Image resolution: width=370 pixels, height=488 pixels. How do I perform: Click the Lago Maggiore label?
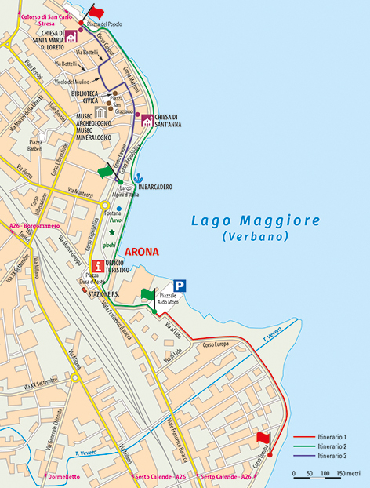coord(256,220)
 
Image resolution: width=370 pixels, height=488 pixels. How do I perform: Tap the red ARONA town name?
coord(141,253)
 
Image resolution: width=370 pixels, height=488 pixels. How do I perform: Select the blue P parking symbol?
coord(180,287)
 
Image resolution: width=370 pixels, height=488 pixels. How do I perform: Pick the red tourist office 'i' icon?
coord(97,265)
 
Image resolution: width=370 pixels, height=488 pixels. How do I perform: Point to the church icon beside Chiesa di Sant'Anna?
coord(146,119)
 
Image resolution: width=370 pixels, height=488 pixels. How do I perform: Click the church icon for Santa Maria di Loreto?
coord(71,37)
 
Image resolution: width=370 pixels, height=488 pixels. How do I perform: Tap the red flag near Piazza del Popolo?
coord(94,12)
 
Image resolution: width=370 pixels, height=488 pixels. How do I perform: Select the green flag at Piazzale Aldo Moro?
coord(147,295)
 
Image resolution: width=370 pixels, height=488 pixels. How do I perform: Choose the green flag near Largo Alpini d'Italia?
coord(105,171)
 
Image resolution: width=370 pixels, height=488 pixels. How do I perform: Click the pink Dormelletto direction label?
coord(63,476)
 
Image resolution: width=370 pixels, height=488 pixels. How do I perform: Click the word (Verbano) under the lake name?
coord(256,236)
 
